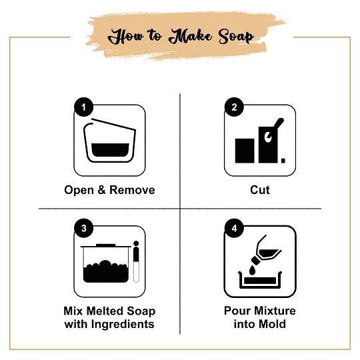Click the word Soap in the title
tap(236, 37)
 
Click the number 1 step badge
tap(83, 107)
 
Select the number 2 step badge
tap(234, 107)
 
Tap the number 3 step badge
tap(83, 228)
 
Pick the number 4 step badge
tap(234, 228)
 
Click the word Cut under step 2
tap(260, 190)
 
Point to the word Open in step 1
tap(79, 191)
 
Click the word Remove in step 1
tap(132, 190)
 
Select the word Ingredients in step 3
tap(123, 325)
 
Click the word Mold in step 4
tap(273, 324)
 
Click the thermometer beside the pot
tap(136, 261)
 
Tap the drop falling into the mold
tap(252, 270)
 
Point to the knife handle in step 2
tap(279, 123)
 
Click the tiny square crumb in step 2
tap(283, 161)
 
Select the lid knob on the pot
tap(105, 245)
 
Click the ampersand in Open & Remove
tap(101, 190)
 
